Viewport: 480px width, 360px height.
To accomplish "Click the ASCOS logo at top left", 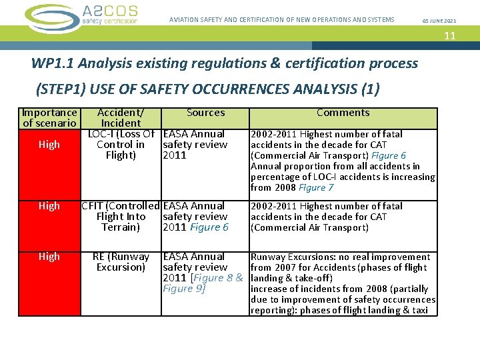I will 81,15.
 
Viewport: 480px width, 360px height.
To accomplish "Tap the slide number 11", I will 450,35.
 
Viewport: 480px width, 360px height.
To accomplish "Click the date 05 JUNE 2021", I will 440,20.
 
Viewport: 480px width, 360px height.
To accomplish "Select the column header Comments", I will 343,113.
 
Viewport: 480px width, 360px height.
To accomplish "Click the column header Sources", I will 205,113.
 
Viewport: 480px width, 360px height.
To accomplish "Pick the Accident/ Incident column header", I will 121,118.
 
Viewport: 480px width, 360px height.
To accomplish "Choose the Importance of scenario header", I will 49,118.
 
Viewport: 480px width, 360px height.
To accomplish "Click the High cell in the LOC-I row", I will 49,145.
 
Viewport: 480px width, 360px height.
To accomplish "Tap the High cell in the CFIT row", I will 49,206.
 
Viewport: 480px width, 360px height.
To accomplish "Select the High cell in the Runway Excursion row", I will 49,257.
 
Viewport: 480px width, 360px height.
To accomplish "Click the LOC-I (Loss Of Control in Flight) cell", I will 121,145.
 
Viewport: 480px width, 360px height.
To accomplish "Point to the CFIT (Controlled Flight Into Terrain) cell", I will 121,217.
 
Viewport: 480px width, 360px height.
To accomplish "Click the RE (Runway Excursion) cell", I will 121,262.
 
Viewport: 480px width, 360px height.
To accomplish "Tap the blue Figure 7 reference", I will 317,188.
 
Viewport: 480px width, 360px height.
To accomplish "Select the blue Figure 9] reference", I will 184,289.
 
